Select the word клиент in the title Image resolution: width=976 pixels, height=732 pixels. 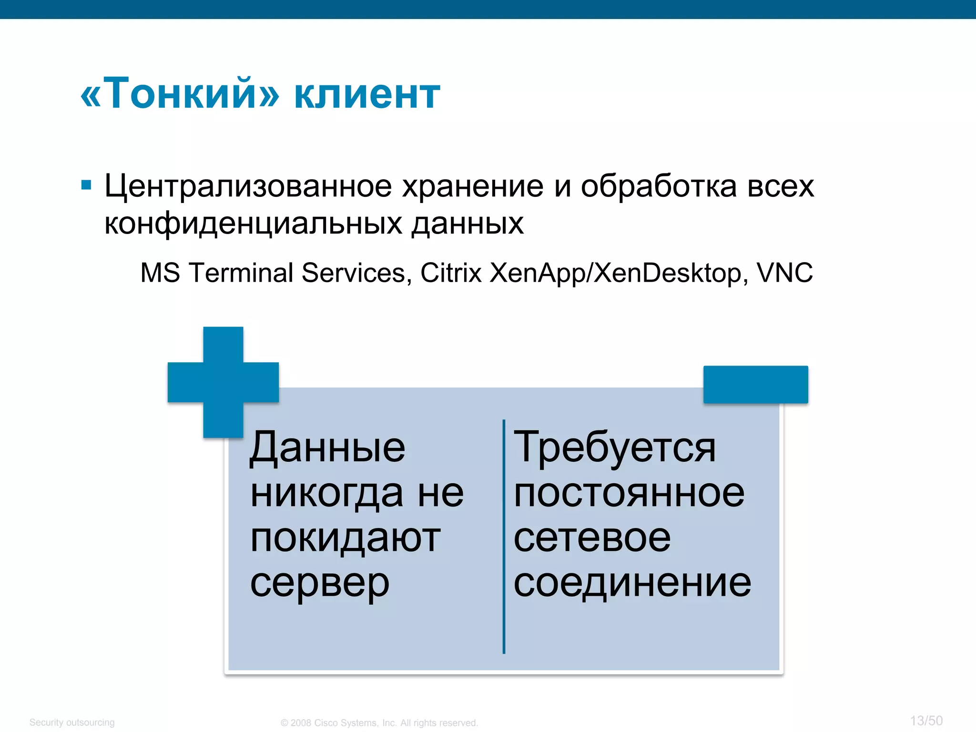click(x=367, y=95)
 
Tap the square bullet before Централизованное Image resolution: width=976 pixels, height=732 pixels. click(x=86, y=185)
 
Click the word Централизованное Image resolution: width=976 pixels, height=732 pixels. click(x=248, y=186)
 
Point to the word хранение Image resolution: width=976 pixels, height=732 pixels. click(x=472, y=186)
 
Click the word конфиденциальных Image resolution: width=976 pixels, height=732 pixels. click(x=253, y=224)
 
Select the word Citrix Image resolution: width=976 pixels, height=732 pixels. click(x=450, y=273)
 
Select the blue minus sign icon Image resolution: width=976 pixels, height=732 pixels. click(x=755, y=385)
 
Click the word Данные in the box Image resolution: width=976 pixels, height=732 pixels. click(x=327, y=448)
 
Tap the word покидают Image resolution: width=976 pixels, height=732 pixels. click(x=345, y=539)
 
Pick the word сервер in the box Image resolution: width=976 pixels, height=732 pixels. click(x=320, y=583)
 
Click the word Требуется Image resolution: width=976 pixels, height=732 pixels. click(x=614, y=448)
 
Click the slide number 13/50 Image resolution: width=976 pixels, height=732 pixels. click(x=926, y=721)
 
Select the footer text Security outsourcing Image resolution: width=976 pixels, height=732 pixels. click(x=72, y=722)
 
